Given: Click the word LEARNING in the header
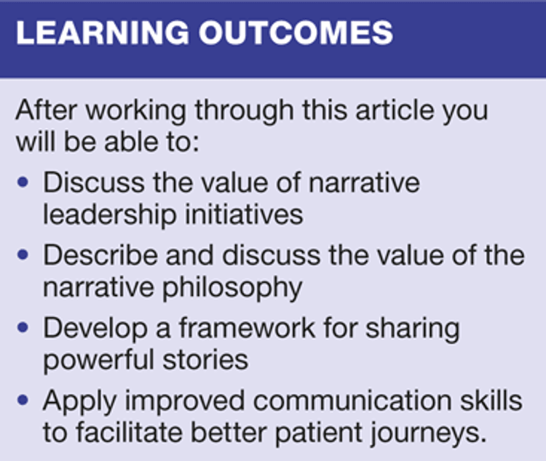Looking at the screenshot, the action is (103, 32).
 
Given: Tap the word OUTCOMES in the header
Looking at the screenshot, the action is (296, 32).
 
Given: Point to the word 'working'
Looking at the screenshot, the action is (136, 111).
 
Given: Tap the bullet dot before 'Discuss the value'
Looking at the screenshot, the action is (23, 183).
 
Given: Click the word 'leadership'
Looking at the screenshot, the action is (109, 215).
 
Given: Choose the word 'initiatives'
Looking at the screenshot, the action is (244, 215).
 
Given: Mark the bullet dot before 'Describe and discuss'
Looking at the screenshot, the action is (23, 255).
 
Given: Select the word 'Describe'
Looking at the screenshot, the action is (100, 255).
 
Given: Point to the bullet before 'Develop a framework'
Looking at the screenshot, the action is (23, 328).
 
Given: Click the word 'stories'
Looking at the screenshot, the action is (205, 360).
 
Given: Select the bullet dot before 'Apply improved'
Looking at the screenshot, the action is (23, 401).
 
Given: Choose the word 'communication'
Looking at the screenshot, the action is (352, 401).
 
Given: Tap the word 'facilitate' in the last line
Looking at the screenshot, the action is (129, 433).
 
